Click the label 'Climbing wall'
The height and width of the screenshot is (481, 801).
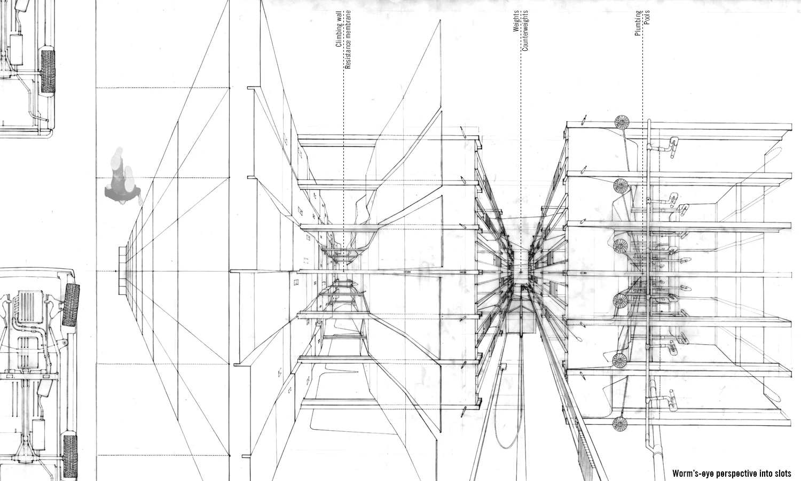pyautogui.click(x=338, y=29)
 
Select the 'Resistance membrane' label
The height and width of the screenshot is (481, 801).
pyautogui.click(x=348, y=40)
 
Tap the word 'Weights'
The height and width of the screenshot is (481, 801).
pyautogui.click(x=516, y=21)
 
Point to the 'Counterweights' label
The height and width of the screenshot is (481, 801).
pyautogui.click(x=525, y=31)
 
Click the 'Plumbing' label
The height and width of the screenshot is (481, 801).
pyautogui.click(x=638, y=24)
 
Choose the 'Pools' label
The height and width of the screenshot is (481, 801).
pyautogui.click(x=647, y=18)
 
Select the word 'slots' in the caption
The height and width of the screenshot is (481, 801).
pyautogui.click(x=783, y=474)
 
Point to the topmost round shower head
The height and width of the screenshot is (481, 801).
pyautogui.click(x=622, y=122)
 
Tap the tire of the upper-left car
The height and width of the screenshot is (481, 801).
pyautogui.click(x=48, y=71)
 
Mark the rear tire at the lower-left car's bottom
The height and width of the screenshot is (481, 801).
pyautogui.click(x=70, y=457)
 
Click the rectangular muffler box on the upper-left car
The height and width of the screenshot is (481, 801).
pyautogui.click(x=16, y=49)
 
